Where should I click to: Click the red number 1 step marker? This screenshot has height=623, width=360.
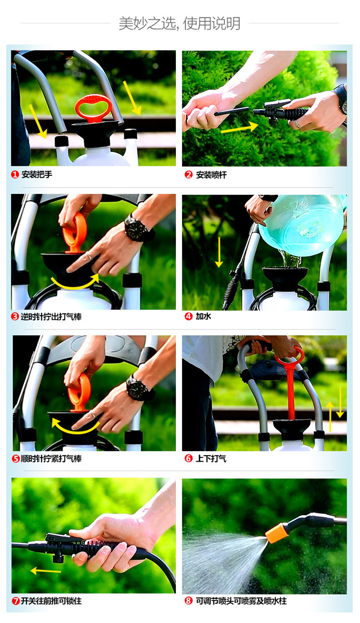click(x=15, y=174)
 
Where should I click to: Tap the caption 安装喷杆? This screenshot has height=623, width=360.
click(x=211, y=175)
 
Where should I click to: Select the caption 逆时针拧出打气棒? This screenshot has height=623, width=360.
click(x=51, y=317)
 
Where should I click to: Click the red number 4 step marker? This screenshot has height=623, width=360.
click(x=188, y=316)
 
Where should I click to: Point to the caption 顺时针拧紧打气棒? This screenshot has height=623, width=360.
click(x=51, y=459)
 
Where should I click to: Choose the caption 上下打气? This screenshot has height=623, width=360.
click(x=211, y=459)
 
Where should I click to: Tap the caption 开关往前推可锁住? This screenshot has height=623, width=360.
click(x=51, y=601)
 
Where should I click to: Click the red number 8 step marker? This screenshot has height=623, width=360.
click(x=188, y=601)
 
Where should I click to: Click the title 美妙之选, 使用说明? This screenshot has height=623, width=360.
click(x=180, y=23)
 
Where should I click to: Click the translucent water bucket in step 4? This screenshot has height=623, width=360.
click(x=301, y=225)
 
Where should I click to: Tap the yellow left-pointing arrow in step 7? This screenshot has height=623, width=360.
click(x=45, y=571)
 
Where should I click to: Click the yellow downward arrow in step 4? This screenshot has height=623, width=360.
click(x=219, y=252)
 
